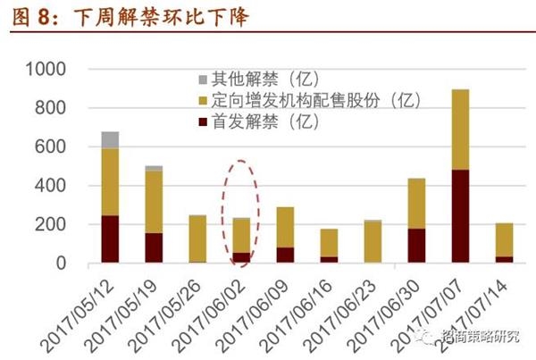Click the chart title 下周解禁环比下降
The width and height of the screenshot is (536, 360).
[161, 17]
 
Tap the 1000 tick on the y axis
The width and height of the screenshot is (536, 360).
[46, 69]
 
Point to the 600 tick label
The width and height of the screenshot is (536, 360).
[50, 147]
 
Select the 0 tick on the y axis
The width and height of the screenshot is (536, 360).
[61, 264]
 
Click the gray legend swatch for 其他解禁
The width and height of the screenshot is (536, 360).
[203, 80]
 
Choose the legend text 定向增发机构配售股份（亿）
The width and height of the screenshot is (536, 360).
[316, 100]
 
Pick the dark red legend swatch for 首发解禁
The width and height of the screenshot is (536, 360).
[203, 121]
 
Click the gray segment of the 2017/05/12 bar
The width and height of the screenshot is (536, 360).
[110, 140]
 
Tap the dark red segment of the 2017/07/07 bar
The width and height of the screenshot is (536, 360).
[460, 216]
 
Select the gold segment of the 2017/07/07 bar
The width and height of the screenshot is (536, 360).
[460, 130]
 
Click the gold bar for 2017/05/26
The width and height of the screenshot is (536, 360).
[197, 239]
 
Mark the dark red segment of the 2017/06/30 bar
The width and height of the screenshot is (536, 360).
[416, 246]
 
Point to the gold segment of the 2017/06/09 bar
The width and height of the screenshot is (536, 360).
[285, 228]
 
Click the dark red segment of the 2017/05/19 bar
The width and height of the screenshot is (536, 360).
[154, 247]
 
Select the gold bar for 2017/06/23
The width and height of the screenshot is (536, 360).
[373, 241]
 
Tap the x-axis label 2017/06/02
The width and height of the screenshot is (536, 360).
[209, 316]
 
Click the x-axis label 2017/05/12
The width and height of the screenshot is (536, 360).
[78, 316]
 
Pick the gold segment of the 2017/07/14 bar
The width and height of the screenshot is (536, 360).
[504, 239]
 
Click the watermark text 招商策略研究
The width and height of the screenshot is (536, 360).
[481, 336]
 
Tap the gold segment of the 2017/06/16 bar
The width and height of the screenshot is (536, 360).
[329, 243]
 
